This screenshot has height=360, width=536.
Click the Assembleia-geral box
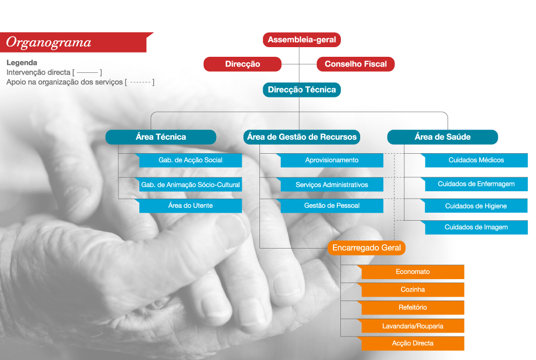[301, 40]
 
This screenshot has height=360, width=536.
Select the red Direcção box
[242, 64]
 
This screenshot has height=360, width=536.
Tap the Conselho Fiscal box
[355, 64]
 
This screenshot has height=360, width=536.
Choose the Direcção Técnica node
[301, 89]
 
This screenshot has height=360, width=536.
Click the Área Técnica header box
[161, 137]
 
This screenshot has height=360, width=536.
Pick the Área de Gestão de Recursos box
[301, 137]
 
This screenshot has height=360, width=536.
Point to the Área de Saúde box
[442, 137]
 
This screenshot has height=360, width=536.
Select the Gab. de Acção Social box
[190, 160]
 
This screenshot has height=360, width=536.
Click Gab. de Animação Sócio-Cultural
[190, 184]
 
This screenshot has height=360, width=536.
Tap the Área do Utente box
[190, 206]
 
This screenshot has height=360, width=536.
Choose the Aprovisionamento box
[332, 160]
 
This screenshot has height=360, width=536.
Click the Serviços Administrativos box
[332, 184]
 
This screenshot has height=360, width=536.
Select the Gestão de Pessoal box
[332, 206]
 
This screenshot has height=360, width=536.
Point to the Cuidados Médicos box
[476, 160]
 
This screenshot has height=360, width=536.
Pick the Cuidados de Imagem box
[476, 227]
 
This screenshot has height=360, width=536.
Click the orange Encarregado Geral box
[367, 247]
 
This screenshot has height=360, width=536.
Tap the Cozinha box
[413, 290]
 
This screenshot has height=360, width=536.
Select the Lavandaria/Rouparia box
[413, 326]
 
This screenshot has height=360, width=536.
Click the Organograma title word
[49, 42]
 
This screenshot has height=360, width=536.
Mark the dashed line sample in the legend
[140, 82]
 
